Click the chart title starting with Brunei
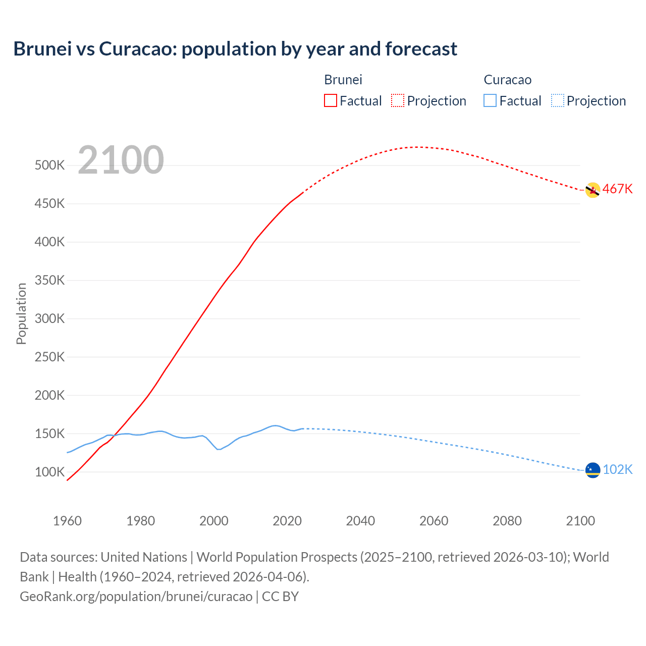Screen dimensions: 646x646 (235, 49)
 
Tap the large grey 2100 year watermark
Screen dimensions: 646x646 (121, 160)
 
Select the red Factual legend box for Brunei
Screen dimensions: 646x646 (330, 100)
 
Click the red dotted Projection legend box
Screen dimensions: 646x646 (398, 100)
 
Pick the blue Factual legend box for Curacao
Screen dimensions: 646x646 (490, 100)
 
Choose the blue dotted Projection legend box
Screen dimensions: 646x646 (557, 100)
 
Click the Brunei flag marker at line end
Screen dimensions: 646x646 (593, 190)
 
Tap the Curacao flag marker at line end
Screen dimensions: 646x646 (593, 470)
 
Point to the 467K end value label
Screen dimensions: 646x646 (617, 189)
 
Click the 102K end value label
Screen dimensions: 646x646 (617, 470)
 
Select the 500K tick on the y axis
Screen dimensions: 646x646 (49, 166)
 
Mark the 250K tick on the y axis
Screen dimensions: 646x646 (49, 357)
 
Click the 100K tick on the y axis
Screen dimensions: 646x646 (49, 472)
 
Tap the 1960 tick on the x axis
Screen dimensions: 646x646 (67, 521)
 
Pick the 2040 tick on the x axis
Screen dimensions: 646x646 (360, 521)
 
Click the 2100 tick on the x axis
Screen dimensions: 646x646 (580, 521)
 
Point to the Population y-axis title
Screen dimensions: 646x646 (21, 313)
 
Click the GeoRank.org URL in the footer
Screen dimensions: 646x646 (136, 597)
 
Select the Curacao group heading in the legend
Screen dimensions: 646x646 (507, 80)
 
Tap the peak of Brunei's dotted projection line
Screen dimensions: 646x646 (417, 147)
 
